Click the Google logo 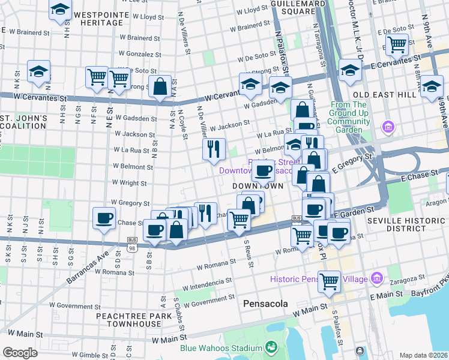20,352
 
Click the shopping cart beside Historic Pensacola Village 329,280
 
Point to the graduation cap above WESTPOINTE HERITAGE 59,10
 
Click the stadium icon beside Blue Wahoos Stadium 271,347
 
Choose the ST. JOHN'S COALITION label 23,121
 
